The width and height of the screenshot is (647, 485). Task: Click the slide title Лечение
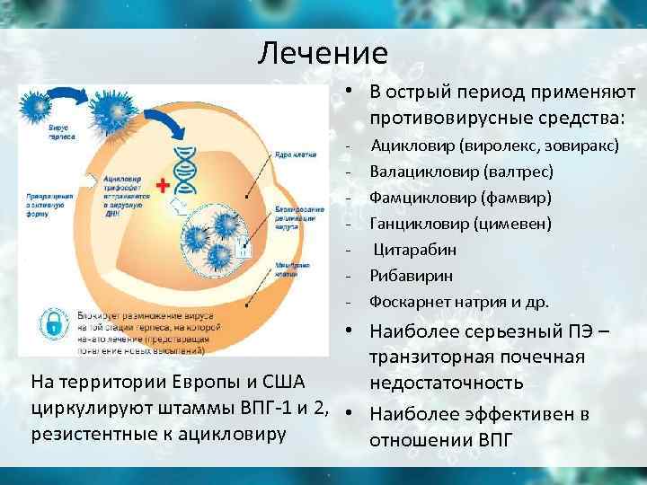323,54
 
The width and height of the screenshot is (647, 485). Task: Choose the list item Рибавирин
412,275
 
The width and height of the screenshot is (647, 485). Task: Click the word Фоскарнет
409,301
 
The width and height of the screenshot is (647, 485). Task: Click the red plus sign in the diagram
163,186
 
